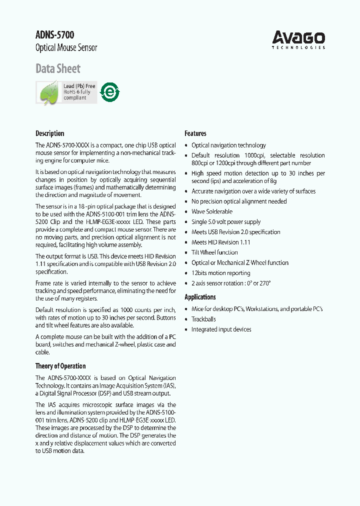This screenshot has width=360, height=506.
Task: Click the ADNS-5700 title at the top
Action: coord(54,35)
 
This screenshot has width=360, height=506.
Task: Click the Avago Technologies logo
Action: coord(298,39)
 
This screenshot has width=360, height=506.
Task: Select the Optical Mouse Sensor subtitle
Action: coord(66,48)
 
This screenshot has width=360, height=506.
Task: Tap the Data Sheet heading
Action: coord(58,68)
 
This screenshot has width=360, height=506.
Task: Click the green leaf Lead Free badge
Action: coord(66,92)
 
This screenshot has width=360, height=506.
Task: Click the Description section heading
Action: coord(49,133)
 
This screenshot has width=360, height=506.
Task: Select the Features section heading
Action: coord(195,133)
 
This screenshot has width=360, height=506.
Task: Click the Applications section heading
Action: coord(200,297)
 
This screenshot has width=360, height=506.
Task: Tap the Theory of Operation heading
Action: coord(60,366)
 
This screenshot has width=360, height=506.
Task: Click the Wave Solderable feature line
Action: coord(212,211)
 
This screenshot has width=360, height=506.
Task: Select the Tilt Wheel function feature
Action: coord(214,252)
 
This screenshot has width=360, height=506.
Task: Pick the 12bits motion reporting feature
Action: coord(221,273)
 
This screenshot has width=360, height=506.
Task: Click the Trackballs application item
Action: coord(203,319)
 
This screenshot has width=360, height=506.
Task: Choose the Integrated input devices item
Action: coord(221,329)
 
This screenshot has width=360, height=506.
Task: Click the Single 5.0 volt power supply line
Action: coord(226,221)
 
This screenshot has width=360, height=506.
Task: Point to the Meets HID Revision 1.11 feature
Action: coord(221,242)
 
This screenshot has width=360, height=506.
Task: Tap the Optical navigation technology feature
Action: coord(228,145)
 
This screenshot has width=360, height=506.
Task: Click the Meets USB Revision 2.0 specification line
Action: coord(236,232)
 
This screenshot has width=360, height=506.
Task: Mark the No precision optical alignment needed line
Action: coord(239,201)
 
